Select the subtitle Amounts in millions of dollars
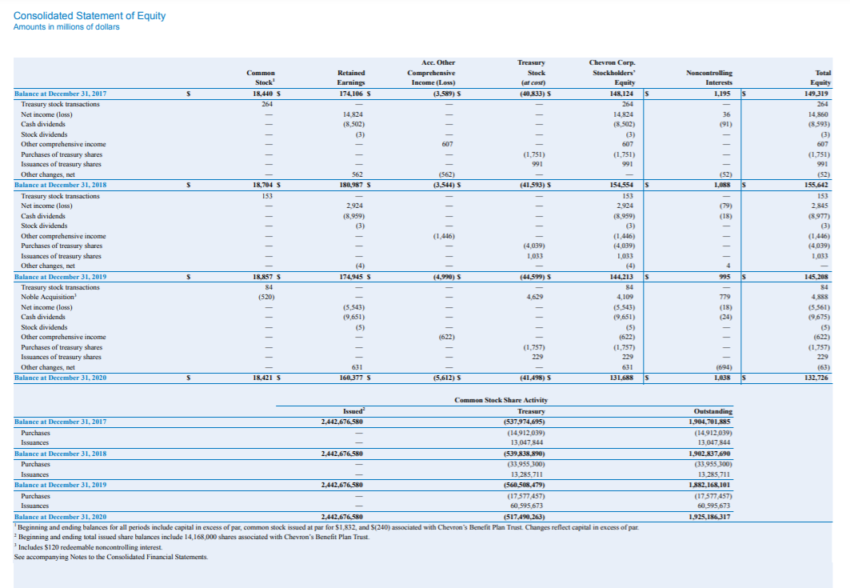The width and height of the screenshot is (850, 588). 66,27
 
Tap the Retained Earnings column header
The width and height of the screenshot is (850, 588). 352,77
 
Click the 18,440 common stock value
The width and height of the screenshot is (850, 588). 264,94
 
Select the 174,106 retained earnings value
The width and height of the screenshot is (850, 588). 349,94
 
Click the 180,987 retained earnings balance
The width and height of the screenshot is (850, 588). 349,186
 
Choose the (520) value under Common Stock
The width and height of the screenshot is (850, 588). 265,297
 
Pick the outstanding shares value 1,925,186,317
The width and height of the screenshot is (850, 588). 710,517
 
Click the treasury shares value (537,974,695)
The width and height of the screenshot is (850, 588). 527,422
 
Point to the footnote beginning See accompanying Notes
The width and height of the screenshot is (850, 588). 110,557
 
